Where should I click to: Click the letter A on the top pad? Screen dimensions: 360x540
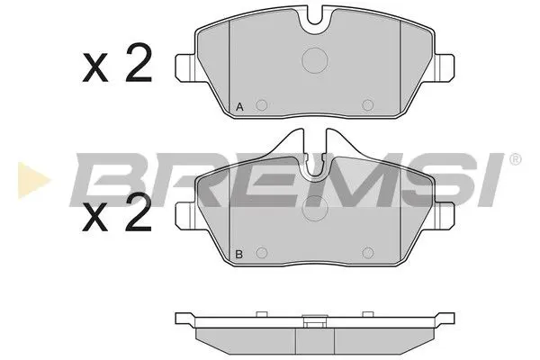[x=239, y=107]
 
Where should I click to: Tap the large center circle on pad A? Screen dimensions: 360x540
[x=316, y=60]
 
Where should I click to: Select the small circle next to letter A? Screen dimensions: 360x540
[x=261, y=105]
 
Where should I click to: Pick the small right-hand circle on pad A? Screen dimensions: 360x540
[x=366, y=105]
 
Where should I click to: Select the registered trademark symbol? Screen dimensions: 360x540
[x=515, y=160]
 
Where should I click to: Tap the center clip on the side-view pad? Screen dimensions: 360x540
[x=316, y=318]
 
